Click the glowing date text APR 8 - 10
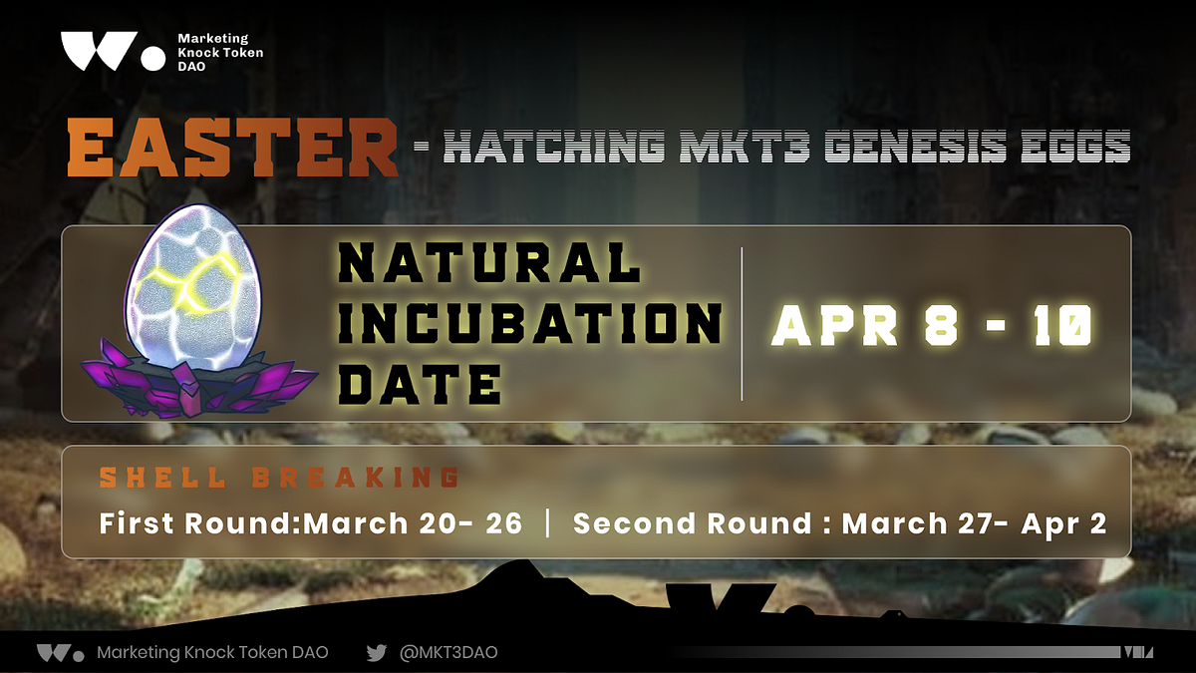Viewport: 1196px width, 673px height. pos(932,325)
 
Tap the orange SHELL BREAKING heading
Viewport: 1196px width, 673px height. pos(278,478)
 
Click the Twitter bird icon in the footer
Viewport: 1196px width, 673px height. pos(376,653)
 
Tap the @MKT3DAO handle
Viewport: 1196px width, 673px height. pos(448,653)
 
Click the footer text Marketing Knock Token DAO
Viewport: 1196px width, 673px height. pos(212,653)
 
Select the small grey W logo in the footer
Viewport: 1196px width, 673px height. pos(60,653)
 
